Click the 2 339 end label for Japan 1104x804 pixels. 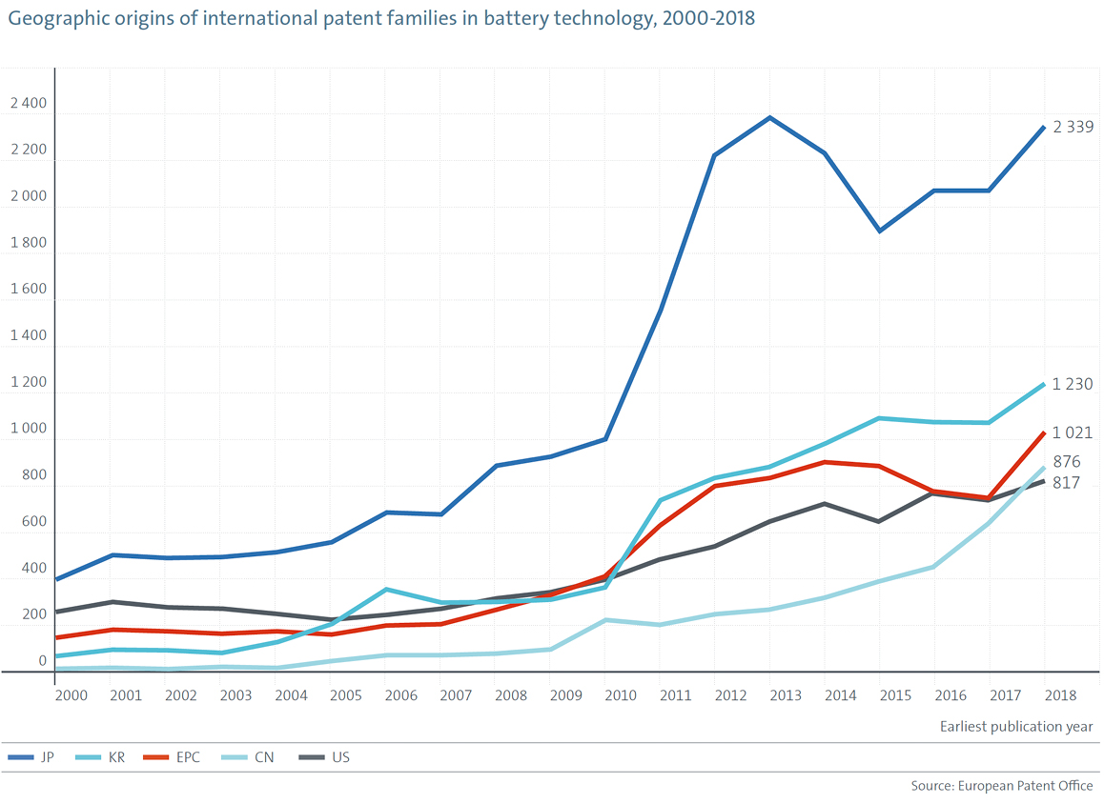coord(1073,128)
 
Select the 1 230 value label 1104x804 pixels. coord(1073,385)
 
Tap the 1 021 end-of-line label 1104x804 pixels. coord(1073,432)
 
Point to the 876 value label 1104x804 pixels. coord(1066,462)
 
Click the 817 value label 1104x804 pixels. coord(1066,483)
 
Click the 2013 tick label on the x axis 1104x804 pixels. coord(786,696)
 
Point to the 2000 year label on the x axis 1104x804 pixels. coord(72,696)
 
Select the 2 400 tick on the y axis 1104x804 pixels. coord(28,105)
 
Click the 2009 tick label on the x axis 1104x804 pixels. coord(565,696)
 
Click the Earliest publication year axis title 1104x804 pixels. coord(1016,727)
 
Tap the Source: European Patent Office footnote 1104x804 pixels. coord(1002,786)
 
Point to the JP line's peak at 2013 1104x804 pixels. coord(769,117)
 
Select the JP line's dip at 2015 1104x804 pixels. coord(879,231)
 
